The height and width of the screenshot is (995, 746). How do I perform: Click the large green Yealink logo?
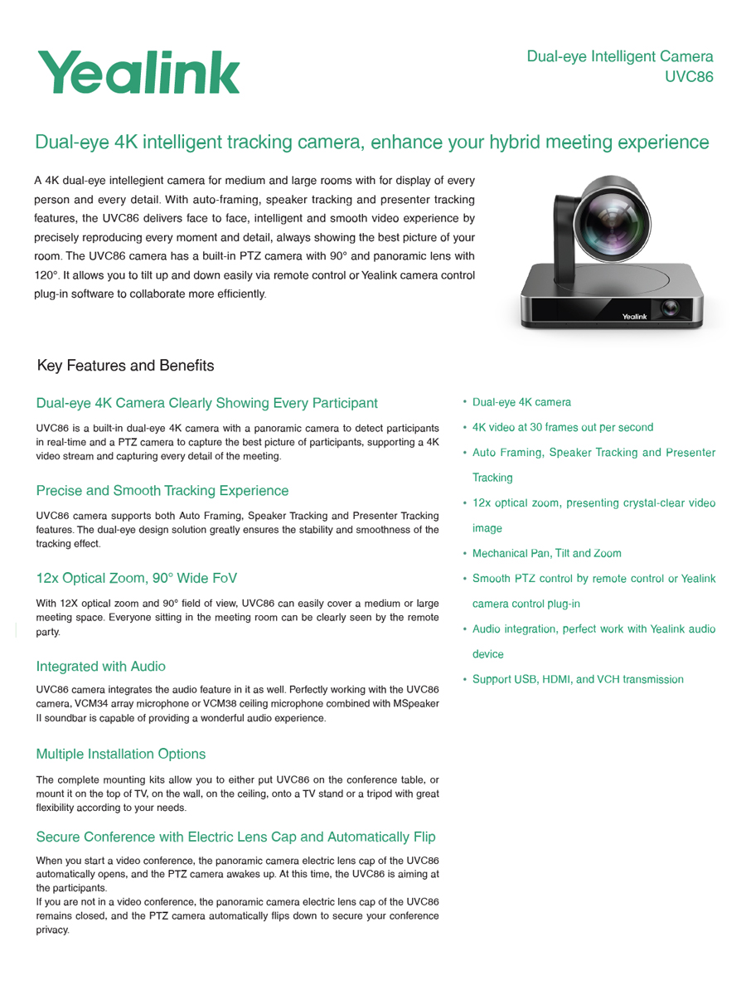(x=138, y=72)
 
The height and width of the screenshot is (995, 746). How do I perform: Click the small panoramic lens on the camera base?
(x=669, y=310)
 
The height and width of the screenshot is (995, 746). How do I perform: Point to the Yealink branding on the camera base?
(x=637, y=317)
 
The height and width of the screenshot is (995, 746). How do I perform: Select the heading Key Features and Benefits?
(x=125, y=366)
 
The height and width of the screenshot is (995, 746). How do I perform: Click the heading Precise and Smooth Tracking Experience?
(x=162, y=491)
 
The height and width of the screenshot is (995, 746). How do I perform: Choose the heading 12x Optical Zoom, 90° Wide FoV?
(x=138, y=578)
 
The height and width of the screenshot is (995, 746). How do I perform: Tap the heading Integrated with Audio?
(x=100, y=666)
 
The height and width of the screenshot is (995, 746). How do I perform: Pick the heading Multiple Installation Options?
(x=121, y=754)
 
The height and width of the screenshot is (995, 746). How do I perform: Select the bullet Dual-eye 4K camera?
(x=521, y=403)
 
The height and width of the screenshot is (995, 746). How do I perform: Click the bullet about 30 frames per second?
(x=562, y=428)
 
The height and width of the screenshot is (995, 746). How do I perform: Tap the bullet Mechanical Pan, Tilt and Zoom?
(x=546, y=553)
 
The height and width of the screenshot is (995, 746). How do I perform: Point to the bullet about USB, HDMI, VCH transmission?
(x=578, y=680)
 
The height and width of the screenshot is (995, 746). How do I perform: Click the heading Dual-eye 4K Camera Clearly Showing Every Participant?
(x=206, y=403)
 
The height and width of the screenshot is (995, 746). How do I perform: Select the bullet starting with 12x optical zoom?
(x=593, y=502)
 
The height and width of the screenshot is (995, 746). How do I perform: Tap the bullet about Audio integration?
(x=593, y=629)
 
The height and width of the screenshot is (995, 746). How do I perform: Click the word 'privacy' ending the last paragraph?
(x=52, y=930)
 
